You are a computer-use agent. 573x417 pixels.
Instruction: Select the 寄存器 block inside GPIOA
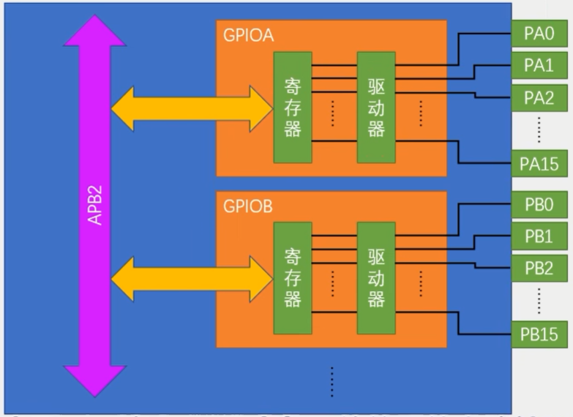(293, 108)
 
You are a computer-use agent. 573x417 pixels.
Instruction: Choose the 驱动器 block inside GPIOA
(376, 108)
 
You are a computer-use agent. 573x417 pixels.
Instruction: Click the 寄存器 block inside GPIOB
(293, 278)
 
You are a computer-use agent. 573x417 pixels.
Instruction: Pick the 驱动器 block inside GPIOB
(376, 278)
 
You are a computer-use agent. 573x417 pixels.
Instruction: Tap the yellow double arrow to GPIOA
(191, 108)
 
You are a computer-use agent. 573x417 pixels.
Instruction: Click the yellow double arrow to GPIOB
(191, 278)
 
